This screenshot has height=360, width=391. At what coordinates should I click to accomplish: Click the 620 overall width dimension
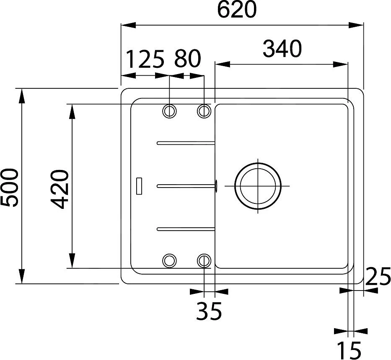click(237, 10)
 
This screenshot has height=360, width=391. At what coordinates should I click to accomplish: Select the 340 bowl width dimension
click(282, 49)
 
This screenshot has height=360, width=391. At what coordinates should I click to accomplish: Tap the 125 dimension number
click(145, 59)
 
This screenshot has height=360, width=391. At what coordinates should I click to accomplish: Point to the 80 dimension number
click(187, 59)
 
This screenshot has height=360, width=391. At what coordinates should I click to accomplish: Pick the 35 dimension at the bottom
click(209, 311)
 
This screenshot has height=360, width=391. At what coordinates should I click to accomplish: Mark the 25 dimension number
click(378, 277)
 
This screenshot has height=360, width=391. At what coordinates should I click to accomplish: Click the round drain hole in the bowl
click(257, 186)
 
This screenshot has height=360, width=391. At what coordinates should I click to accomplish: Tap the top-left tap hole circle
click(169, 111)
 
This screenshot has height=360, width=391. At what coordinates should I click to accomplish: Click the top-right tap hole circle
click(204, 111)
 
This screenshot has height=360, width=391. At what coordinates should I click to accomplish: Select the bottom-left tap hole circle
click(169, 260)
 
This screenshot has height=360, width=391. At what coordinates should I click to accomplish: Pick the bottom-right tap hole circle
click(204, 260)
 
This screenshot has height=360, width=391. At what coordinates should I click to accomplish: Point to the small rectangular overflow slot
click(139, 186)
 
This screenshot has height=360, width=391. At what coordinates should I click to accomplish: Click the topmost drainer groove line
click(186, 143)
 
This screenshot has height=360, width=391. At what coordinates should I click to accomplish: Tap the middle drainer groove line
click(186, 186)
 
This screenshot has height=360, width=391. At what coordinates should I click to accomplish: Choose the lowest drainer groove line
click(186, 229)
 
